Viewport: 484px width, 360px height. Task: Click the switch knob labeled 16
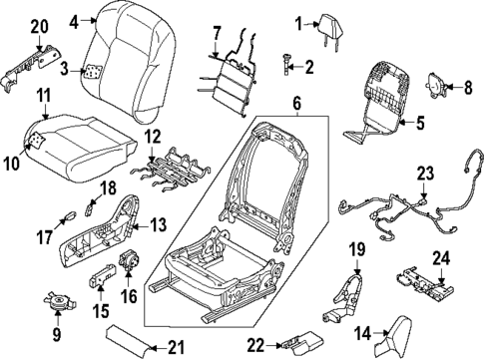(x=128, y=262)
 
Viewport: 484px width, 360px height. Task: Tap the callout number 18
(x=108, y=187)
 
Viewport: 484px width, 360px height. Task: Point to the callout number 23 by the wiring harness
(x=425, y=173)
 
